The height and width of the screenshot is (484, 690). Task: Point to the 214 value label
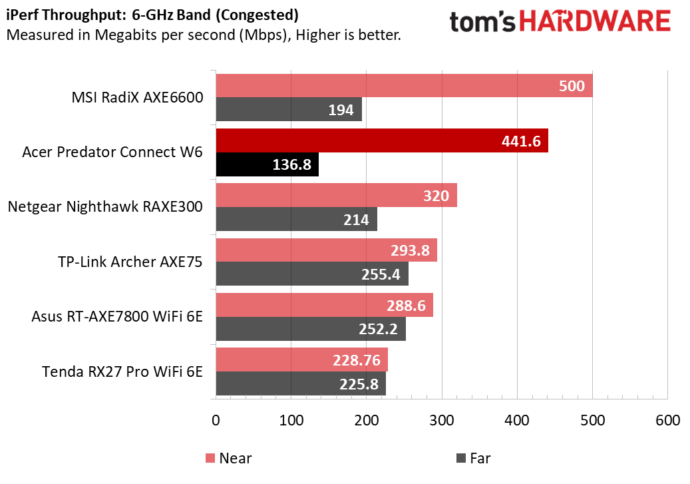click(x=357, y=219)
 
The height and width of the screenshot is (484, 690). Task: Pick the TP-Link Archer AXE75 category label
click(x=130, y=261)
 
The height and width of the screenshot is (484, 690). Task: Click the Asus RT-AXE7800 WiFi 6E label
click(x=117, y=316)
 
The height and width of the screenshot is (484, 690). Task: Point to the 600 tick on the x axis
click(x=667, y=421)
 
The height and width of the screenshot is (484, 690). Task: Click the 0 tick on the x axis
click(x=215, y=421)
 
